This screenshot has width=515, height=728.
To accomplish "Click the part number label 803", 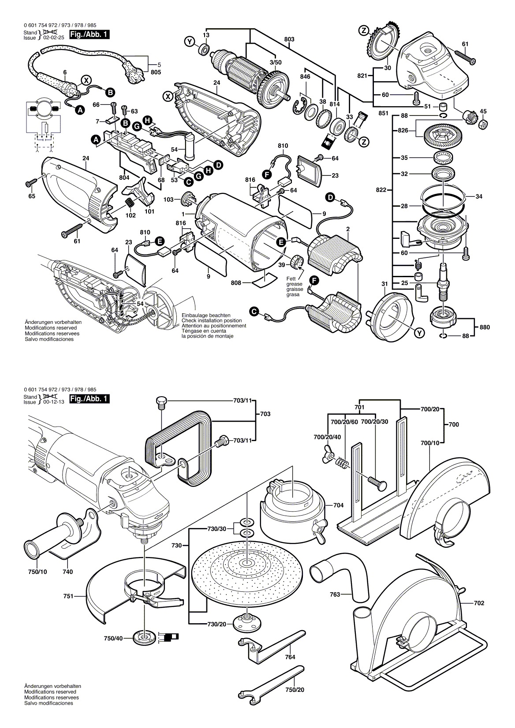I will click(289, 40).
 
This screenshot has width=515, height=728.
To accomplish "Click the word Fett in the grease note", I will click(291, 279).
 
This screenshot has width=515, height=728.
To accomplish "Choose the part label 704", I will click(339, 505).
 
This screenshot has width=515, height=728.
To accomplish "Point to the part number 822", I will click(381, 190).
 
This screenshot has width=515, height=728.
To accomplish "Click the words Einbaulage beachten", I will click(206, 316).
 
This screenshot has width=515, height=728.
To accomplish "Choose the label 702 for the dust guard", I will click(479, 603).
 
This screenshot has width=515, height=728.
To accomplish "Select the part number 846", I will click(305, 77).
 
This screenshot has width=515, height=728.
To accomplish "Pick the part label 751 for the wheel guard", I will click(68, 596).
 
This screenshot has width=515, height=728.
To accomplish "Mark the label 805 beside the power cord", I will click(156, 72).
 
